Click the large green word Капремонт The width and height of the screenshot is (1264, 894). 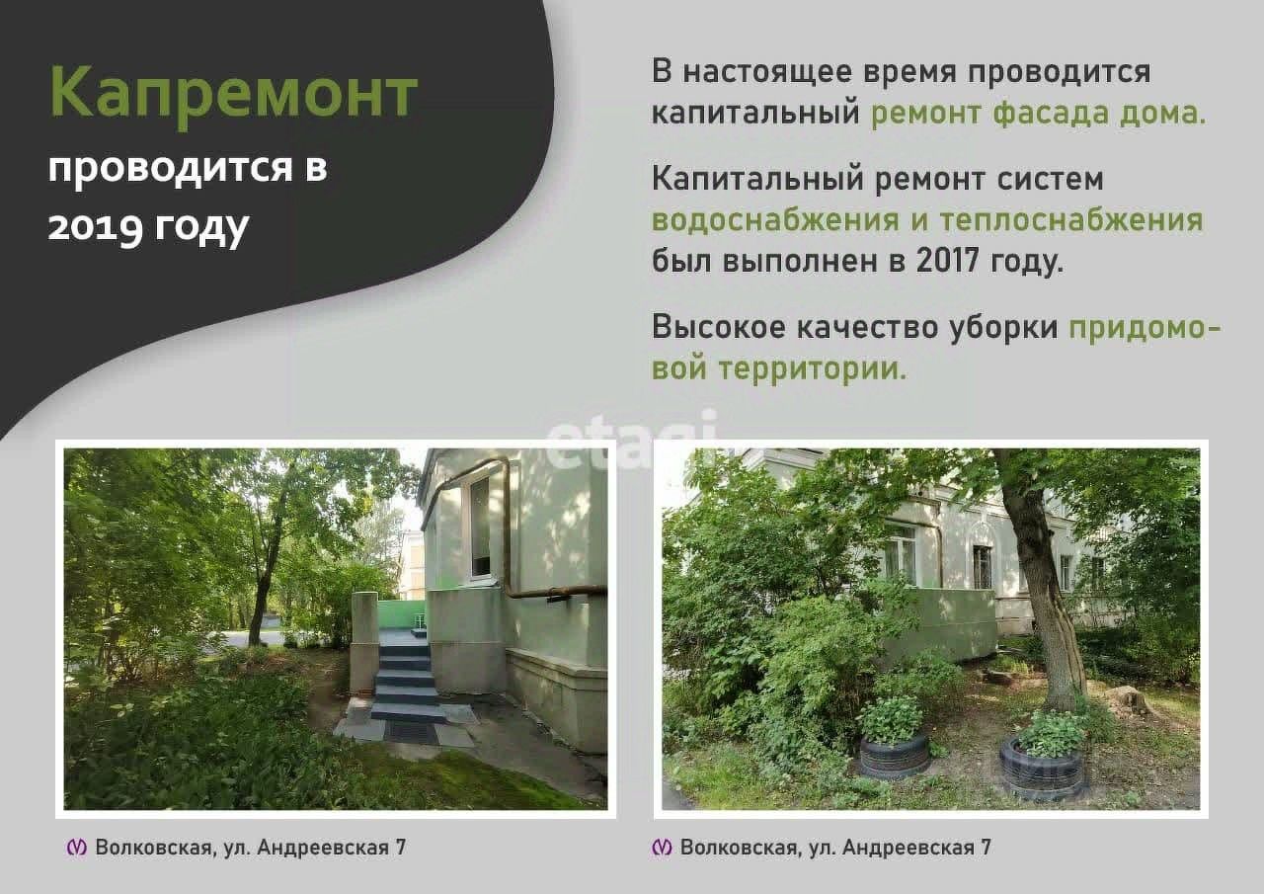234,94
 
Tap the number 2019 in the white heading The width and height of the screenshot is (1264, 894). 94,228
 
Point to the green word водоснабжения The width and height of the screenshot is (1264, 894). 776,219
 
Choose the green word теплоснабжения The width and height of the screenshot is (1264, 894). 1071,219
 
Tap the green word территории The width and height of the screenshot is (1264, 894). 813,369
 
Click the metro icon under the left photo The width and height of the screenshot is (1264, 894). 77,848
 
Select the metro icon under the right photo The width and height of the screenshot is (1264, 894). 662,848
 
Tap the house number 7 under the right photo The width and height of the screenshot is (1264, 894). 986,848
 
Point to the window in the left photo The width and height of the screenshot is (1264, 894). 480,527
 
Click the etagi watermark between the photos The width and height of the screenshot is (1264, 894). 632,442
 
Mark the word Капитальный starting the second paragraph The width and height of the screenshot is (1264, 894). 757,180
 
